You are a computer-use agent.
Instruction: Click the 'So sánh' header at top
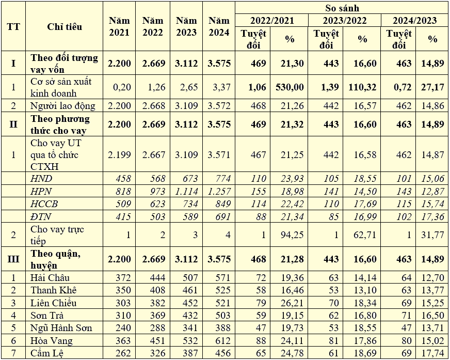(x=342, y=8)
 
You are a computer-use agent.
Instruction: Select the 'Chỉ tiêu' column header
(x=65, y=27)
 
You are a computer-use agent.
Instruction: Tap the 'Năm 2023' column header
(x=186, y=27)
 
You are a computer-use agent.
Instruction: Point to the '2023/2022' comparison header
(x=344, y=21)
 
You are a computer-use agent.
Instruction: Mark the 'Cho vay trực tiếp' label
(x=57, y=235)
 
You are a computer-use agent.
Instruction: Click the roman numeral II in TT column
(x=13, y=124)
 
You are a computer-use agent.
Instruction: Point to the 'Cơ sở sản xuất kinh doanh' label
(x=60, y=87)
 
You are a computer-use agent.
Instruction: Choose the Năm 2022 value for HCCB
(x=153, y=203)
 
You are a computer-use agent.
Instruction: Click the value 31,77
(x=432, y=236)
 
